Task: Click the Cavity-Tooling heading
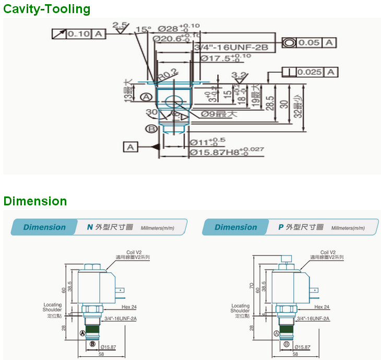47,9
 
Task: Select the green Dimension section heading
35,201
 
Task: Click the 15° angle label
144,29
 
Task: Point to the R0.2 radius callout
167,75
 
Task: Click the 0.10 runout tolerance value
80,34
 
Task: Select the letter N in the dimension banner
89,227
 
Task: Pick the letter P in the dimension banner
280,227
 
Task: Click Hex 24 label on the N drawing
128,307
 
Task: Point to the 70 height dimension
252,286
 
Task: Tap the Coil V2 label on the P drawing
328,252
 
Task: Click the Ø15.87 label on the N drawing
108,347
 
